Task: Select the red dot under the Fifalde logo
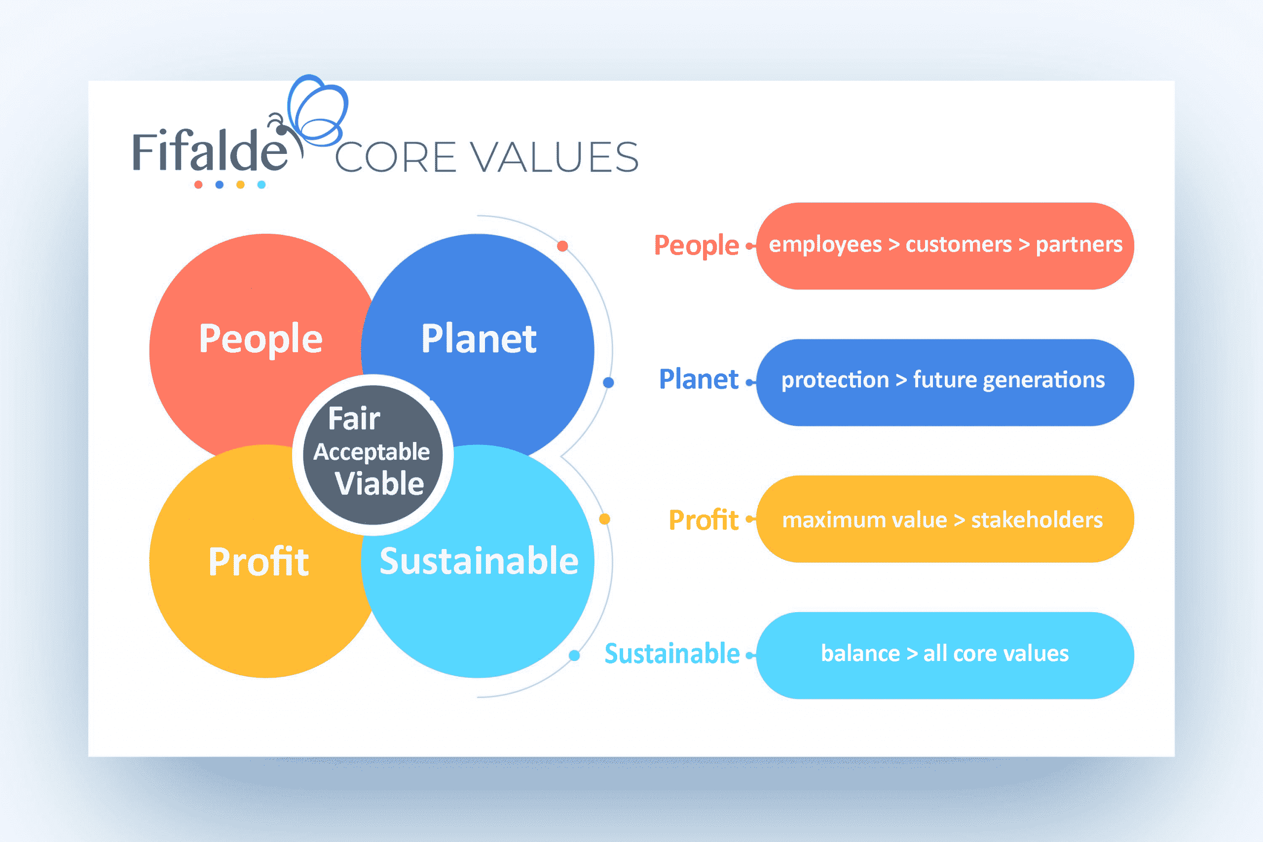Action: (198, 184)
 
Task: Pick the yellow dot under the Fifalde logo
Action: (241, 184)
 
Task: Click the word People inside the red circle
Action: (260, 339)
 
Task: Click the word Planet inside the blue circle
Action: (479, 339)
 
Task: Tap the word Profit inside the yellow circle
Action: (259, 562)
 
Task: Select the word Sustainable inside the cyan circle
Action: (479, 561)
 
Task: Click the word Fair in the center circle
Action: (354, 418)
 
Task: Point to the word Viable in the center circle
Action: (379, 483)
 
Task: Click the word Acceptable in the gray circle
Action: (371, 452)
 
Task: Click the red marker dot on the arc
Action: (562, 246)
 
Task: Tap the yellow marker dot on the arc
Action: (604, 519)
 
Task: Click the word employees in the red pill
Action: (825, 245)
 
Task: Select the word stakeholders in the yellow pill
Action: (1037, 520)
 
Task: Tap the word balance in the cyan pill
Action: (860, 654)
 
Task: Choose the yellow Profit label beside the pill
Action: (703, 520)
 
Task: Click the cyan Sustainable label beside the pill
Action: (672, 654)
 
